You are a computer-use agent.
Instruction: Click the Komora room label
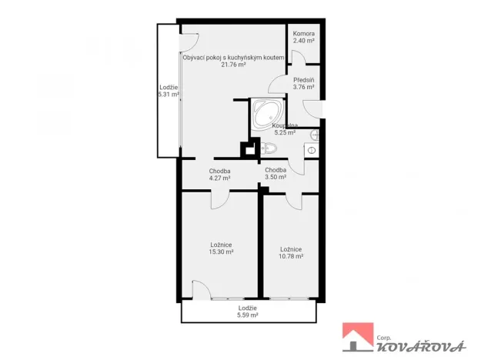coord(304,34)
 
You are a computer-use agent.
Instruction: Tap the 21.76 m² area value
coord(233,65)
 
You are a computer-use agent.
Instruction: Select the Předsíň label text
coord(303,80)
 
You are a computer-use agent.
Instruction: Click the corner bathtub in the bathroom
coord(268,112)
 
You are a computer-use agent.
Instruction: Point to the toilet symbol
coord(268,148)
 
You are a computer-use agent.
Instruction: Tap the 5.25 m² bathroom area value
coord(285,132)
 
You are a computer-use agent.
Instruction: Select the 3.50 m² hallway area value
coord(276,177)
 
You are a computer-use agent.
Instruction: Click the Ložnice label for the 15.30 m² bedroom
coord(220,245)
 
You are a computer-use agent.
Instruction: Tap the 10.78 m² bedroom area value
coord(290,256)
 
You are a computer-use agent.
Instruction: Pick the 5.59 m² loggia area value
coord(247,315)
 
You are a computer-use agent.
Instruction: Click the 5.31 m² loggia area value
coord(168,95)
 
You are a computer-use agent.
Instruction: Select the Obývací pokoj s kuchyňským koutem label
coord(233,58)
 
